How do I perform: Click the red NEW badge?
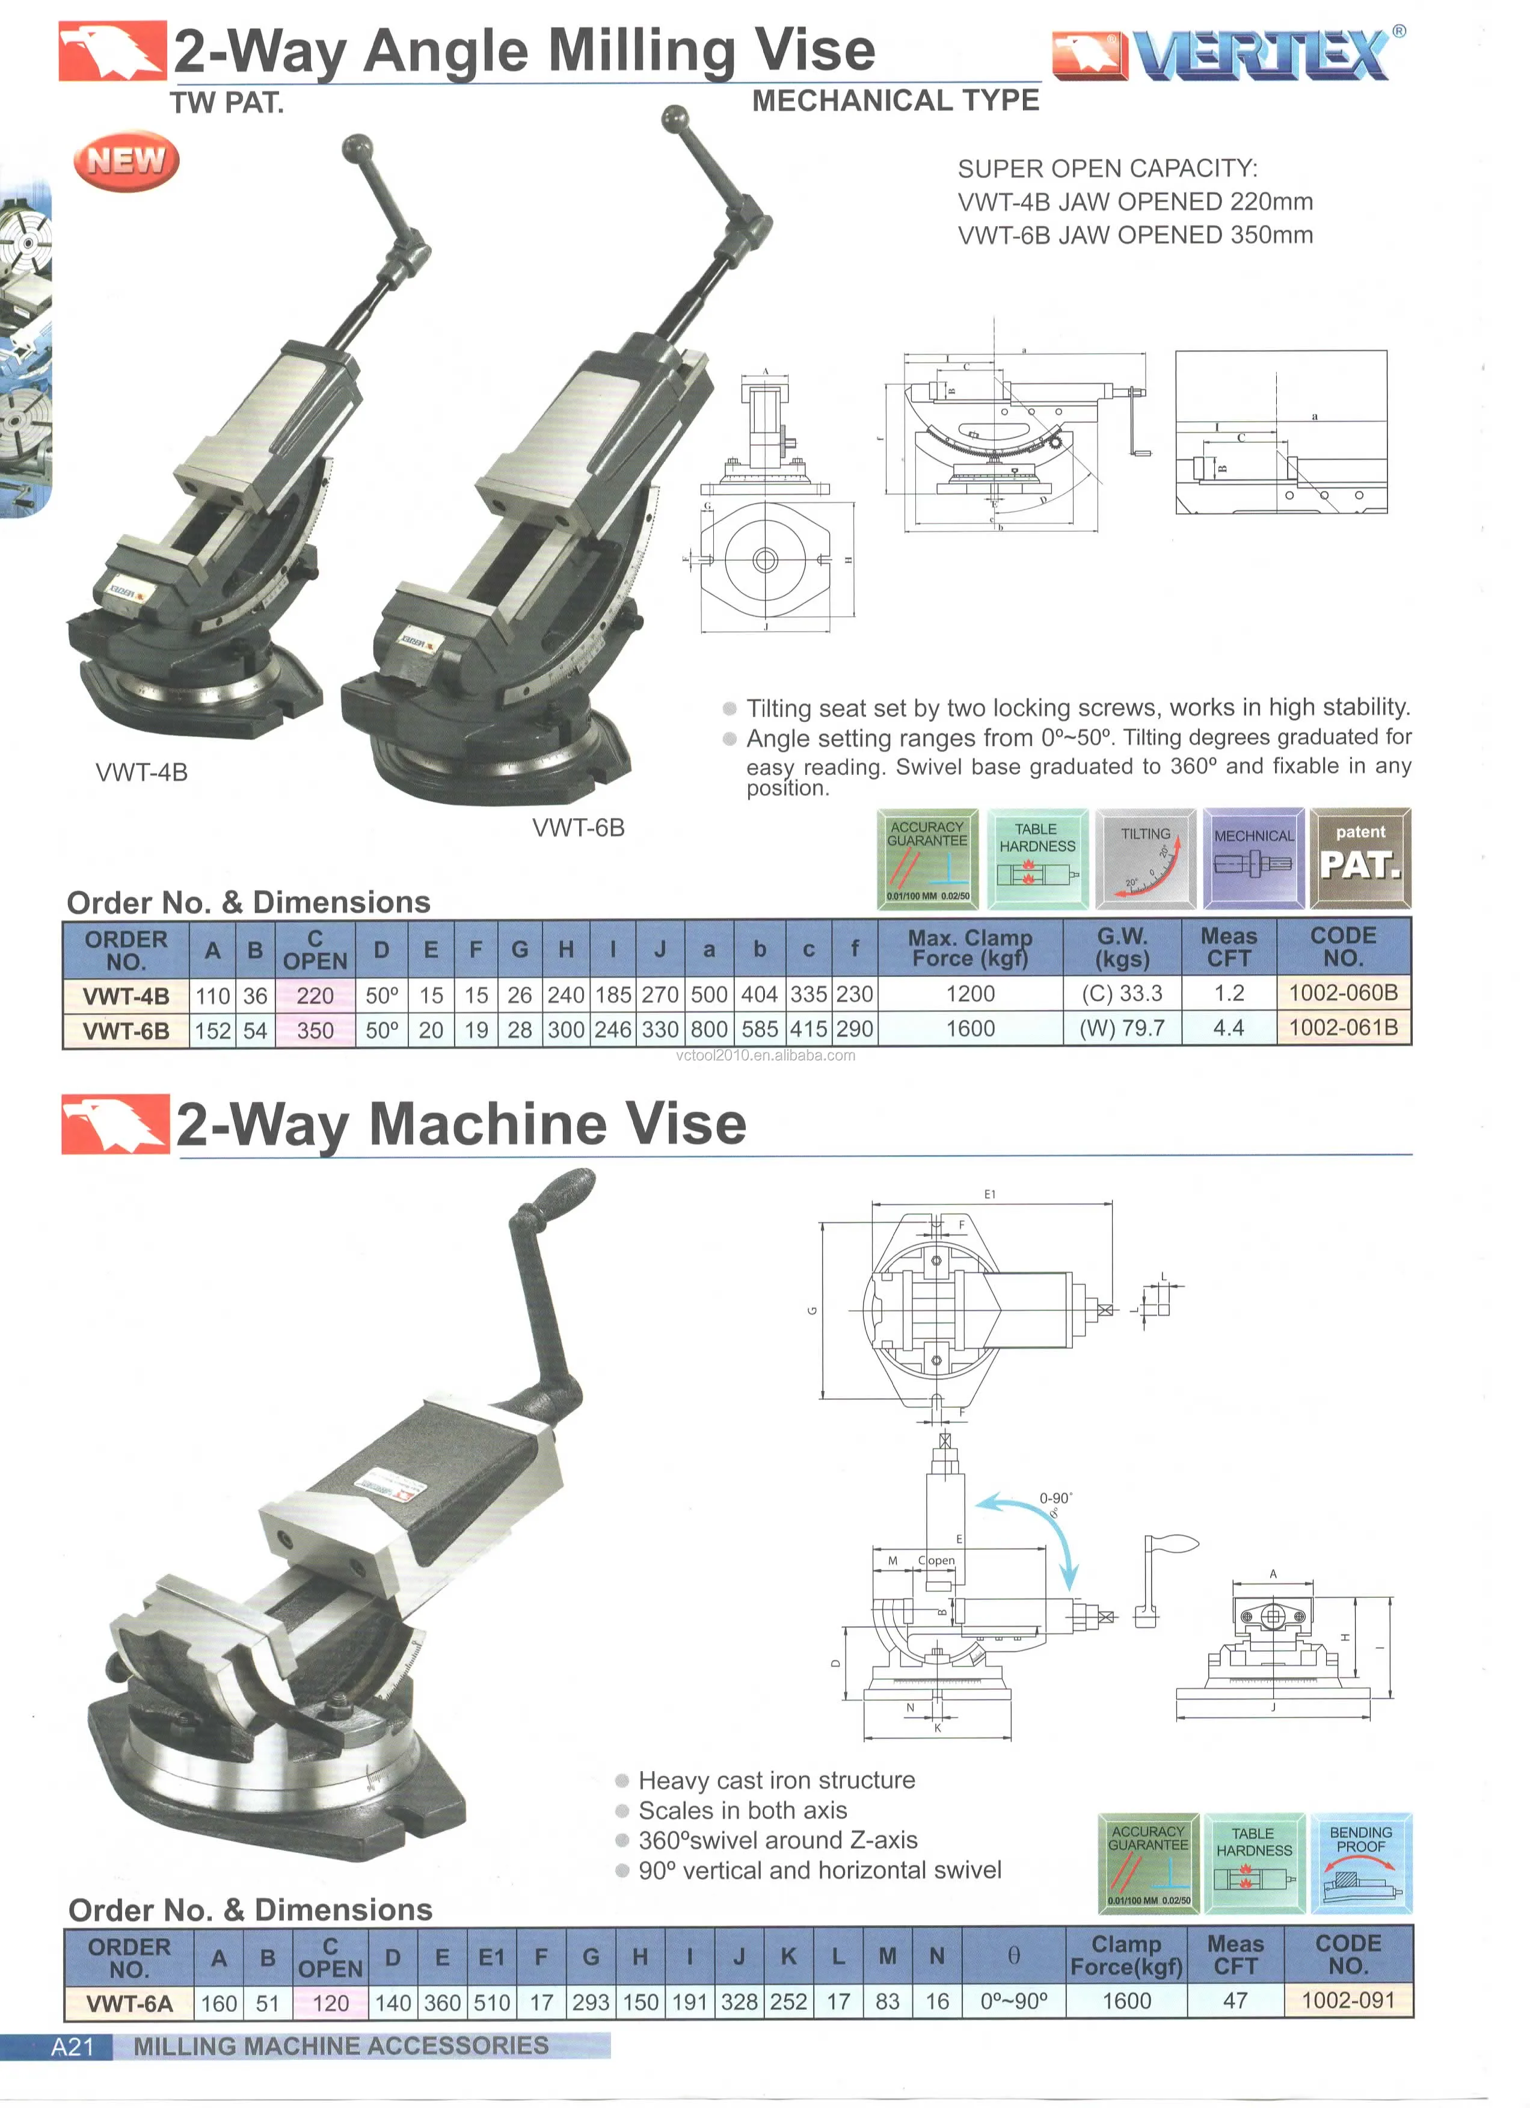pos(126,160)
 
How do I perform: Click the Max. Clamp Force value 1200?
pos(970,994)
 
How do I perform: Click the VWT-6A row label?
pos(129,2003)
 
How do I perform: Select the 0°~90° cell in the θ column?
pos(1013,2001)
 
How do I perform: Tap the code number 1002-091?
pos(1348,2000)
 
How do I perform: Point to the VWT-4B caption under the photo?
pos(141,772)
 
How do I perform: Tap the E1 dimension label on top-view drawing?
pos(989,1194)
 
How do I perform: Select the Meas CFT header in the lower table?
pos(1235,1955)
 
